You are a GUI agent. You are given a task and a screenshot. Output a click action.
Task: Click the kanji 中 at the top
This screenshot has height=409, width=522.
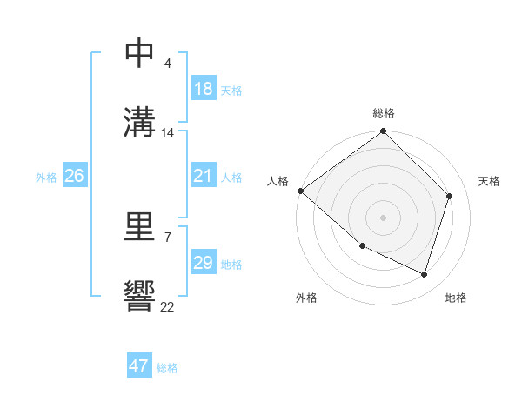(x=139, y=52)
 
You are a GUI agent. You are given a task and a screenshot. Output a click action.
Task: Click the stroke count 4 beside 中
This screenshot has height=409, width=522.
(x=167, y=64)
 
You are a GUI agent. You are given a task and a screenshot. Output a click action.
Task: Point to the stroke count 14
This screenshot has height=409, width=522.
(x=168, y=133)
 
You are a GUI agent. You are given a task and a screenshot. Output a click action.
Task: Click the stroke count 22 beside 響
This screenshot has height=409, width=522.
(x=167, y=306)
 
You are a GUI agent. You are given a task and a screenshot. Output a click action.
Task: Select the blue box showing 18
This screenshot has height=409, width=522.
(x=204, y=89)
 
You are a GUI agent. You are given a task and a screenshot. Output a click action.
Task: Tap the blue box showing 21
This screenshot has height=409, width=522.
(x=204, y=177)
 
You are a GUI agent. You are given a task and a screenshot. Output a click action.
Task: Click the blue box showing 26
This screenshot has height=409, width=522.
(x=74, y=177)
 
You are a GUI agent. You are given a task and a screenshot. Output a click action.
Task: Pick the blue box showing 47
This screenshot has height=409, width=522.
(x=139, y=366)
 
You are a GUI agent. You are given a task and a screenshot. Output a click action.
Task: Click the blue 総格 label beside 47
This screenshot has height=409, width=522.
(x=167, y=368)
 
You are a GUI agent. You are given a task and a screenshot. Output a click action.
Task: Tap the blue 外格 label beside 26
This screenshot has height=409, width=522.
(x=46, y=178)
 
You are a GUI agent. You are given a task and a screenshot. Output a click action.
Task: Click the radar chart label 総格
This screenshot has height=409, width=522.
(x=383, y=113)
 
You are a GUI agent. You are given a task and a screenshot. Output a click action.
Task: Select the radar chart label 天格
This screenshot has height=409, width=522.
(x=489, y=181)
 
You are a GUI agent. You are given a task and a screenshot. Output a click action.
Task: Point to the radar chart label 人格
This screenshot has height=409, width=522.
(x=277, y=181)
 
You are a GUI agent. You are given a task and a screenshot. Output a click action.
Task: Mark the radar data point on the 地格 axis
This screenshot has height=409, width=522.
(x=425, y=275)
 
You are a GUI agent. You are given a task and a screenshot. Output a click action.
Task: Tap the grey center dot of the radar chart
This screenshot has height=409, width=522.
(x=383, y=217)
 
